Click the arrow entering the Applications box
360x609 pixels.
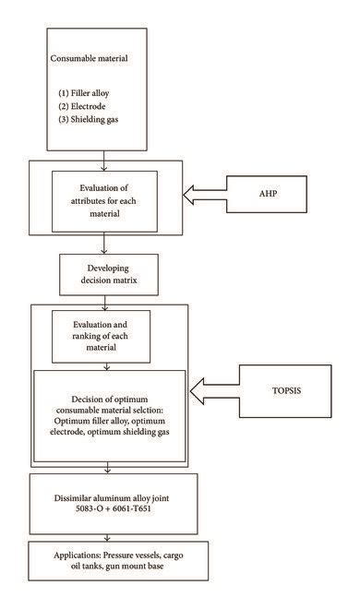tap(109, 536)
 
